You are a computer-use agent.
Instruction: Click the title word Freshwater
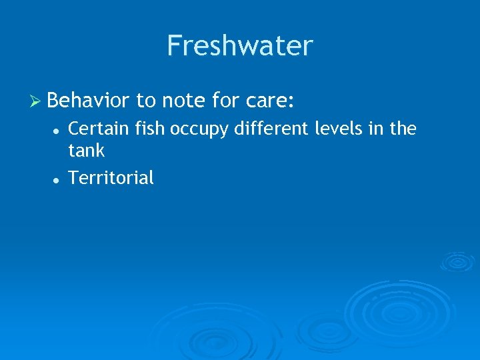click(240, 46)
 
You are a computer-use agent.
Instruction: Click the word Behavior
click(89, 101)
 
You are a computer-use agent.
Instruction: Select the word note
click(184, 101)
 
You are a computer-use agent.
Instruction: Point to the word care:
click(271, 101)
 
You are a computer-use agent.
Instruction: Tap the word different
click(271, 129)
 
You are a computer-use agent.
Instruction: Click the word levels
click(335, 129)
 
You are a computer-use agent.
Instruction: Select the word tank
click(87, 151)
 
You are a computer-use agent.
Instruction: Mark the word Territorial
click(111, 178)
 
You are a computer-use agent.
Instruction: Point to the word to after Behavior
click(145, 101)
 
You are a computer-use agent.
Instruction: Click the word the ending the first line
click(403, 129)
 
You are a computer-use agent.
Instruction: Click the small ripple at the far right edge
click(459, 261)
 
